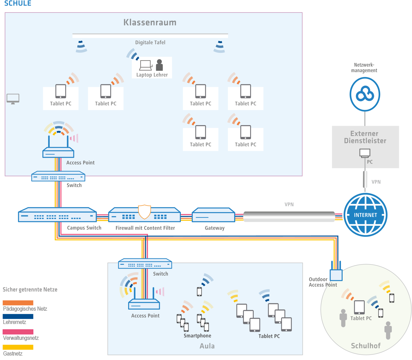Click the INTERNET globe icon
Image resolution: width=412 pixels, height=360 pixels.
(365, 215)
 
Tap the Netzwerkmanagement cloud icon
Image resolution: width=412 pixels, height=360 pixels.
(365, 94)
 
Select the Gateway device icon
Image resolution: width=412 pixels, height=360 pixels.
(213, 215)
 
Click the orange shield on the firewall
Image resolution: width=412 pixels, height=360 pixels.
(144, 212)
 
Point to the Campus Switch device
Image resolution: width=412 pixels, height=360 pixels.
(57, 215)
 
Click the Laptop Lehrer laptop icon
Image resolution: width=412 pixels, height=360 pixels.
(146, 65)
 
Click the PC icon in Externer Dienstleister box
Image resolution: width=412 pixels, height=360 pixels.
(365, 153)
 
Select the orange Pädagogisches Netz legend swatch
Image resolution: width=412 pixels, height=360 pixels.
(18, 303)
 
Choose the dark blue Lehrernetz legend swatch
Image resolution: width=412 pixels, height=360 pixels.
(18, 316)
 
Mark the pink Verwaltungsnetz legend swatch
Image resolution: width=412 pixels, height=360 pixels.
(18, 332)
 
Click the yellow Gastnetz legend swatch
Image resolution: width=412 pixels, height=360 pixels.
(18, 347)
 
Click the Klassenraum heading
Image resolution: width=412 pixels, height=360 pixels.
(150, 22)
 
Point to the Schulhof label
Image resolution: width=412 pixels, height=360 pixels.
(366, 346)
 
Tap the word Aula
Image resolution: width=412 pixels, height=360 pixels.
(207, 346)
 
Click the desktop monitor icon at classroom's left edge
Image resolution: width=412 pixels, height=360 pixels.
(13, 98)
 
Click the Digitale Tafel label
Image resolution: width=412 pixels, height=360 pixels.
(150, 42)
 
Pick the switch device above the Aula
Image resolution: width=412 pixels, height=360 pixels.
(145, 264)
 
